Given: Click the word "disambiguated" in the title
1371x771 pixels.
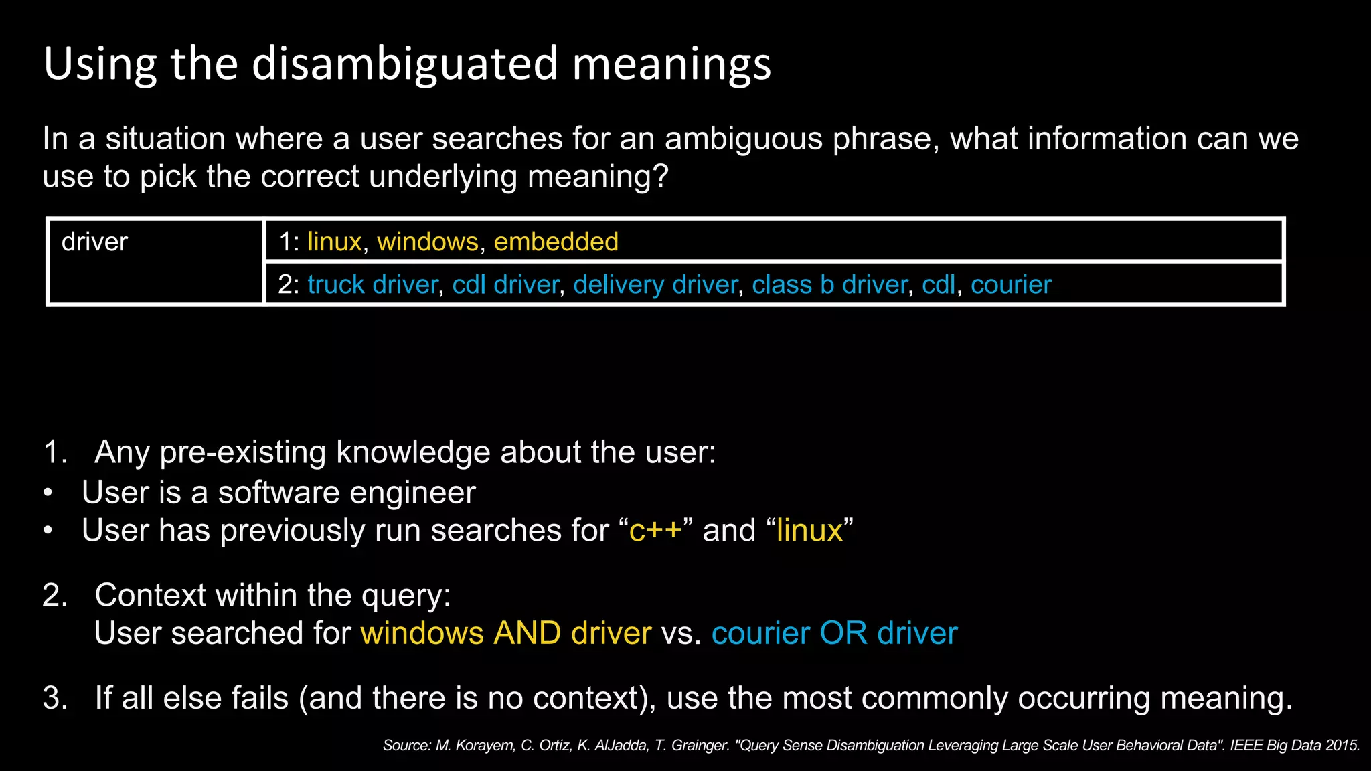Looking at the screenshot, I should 404,64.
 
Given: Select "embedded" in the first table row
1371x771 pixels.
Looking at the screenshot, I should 556,242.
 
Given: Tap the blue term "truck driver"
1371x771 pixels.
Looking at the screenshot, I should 372,285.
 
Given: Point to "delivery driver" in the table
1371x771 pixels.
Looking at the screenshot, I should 655,285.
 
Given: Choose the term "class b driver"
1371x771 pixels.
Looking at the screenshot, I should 829,285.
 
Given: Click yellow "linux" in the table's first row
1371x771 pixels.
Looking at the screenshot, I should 334,242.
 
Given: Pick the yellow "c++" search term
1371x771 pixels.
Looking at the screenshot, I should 655,531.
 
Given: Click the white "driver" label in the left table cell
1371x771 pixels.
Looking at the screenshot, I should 94,242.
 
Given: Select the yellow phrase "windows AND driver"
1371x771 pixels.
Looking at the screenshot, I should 506,633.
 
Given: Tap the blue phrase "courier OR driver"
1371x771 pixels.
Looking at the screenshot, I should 834,633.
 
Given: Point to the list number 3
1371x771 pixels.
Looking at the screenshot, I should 55,698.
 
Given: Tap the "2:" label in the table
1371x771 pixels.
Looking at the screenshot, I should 289,285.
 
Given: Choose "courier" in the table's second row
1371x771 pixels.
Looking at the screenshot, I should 1011,285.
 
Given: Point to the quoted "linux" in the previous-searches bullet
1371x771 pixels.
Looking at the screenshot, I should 809,531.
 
